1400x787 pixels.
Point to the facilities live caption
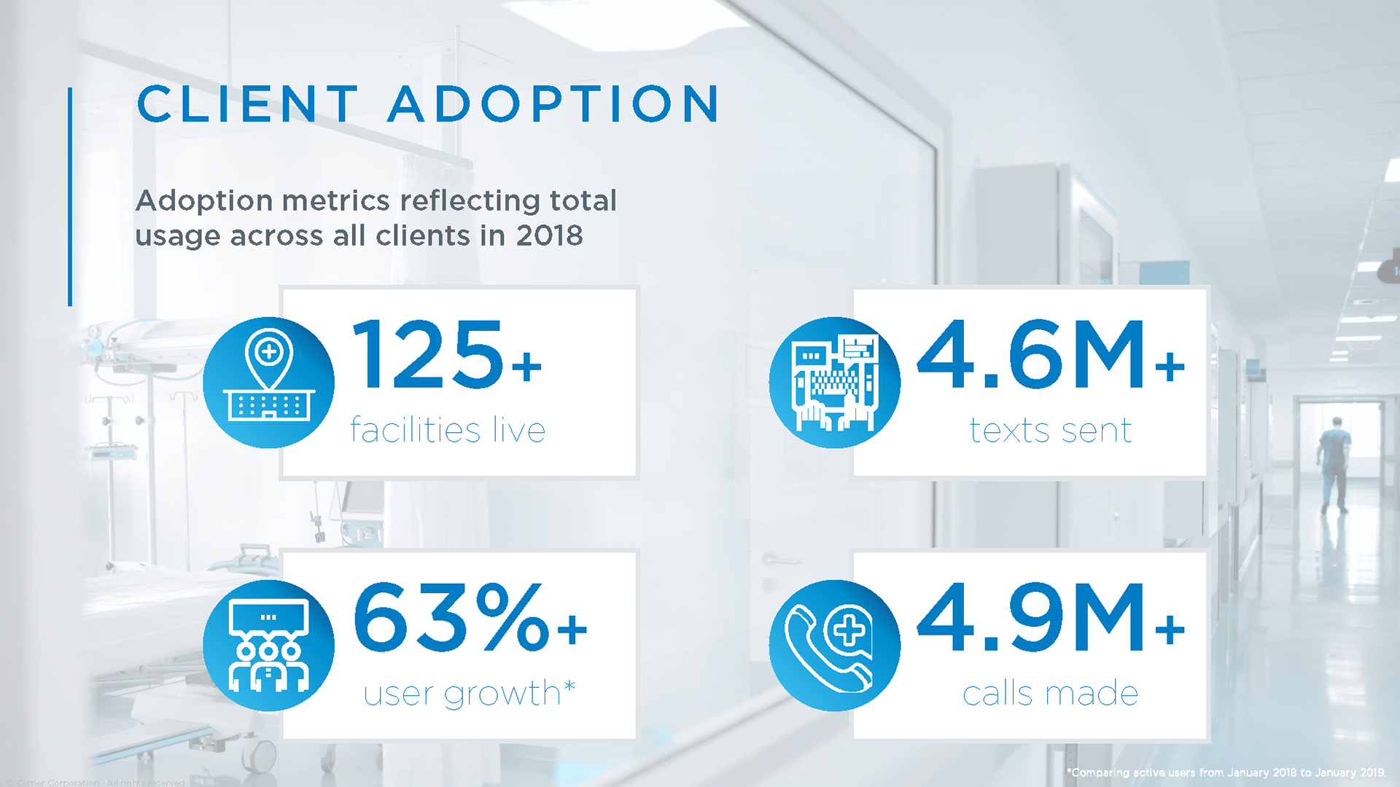[448, 430]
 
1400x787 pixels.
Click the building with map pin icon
[269, 383]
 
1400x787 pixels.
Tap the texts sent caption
[1051, 430]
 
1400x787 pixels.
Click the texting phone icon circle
[835, 383]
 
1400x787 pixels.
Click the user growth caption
[462, 693]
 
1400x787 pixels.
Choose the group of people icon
[269, 646]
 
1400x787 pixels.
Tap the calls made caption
[1051, 693]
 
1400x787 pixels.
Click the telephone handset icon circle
[835, 646]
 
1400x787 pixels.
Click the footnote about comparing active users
[1226, 772]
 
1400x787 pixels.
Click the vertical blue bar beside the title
[70, 197]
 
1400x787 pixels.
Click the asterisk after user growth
[569, 686]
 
